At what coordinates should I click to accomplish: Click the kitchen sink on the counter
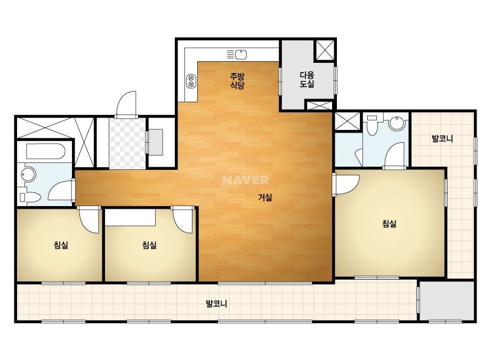click(237, 54)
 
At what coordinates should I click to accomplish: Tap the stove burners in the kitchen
click(191, 81)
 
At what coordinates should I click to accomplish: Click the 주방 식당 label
click(237, 81)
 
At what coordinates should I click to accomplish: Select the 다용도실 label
click(307, 80)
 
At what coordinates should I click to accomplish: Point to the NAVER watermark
click(245, 180)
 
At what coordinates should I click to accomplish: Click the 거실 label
click(265, 197)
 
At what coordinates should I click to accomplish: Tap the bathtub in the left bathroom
click(46, 151)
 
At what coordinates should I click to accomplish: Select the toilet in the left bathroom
click(30, 197)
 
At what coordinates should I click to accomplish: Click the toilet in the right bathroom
click(372, 125)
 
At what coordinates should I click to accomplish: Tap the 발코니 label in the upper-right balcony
click(442, 138)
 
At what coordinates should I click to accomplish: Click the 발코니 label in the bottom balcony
click(216, 304)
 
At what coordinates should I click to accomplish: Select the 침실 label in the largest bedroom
click(390, 224)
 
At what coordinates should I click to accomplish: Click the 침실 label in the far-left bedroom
click(61, 245)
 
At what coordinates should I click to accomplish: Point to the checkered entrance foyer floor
click(127, 144)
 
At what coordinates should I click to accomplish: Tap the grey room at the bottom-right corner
click(447, 301)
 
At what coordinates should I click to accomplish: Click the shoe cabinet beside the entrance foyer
click(156, 142)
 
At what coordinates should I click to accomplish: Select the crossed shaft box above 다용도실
click(325, 50)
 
